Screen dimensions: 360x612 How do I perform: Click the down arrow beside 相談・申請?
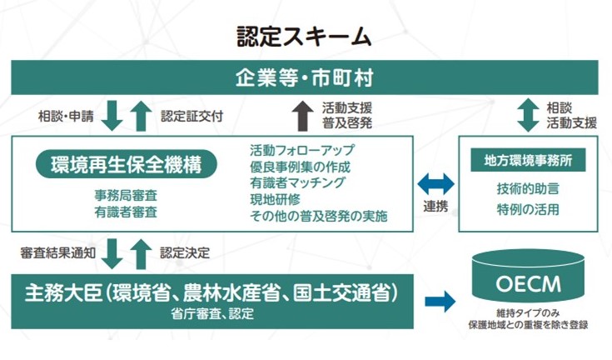pyautogui.click(x=114, y=115)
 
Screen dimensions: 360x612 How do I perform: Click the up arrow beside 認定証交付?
pyautogui.click(x=141, y=115)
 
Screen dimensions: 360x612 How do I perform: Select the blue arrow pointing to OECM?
pyautogui.click(x=440, y=301)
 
